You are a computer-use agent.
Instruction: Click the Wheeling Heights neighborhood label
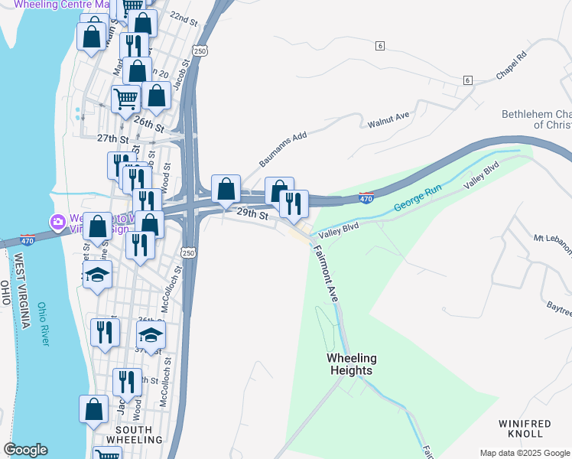350,364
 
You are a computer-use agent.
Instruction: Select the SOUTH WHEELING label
134,435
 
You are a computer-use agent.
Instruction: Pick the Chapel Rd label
512,67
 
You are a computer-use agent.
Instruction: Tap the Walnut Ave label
389,121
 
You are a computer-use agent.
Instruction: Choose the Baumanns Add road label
282,148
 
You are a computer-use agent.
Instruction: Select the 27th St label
112,138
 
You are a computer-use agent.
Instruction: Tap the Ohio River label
44,322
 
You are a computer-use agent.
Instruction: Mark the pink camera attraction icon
57,222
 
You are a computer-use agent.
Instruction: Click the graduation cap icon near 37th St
151,335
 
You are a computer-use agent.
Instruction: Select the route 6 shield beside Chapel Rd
467,80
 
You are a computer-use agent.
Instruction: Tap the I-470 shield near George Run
366,199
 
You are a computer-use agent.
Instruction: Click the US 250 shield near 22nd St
200,50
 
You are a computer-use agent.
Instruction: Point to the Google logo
25,450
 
